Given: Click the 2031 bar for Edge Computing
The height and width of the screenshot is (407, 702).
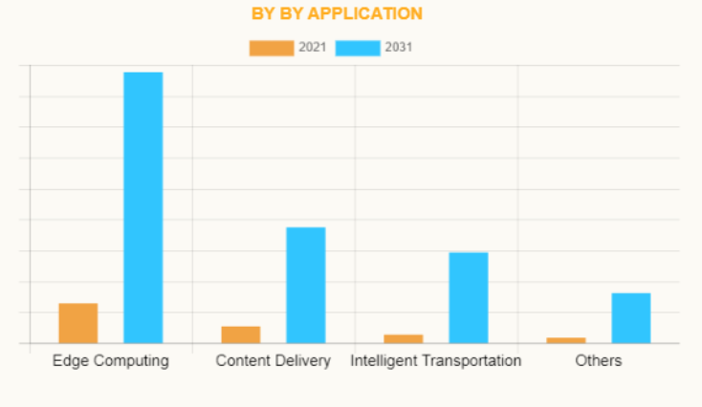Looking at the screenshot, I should click(143, 207).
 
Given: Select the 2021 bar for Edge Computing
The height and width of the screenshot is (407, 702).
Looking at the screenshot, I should click(78, 323).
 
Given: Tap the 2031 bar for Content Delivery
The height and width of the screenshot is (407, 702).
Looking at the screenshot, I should click(306, 285).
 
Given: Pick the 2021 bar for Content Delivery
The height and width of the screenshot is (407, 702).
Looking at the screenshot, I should click(241, 334).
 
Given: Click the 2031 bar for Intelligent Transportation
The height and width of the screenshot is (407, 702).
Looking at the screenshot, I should click(469, 297).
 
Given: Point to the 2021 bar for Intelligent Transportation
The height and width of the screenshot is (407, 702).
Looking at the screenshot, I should click(404, 338).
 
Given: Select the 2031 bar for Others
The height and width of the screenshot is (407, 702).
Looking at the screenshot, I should click(631, 317).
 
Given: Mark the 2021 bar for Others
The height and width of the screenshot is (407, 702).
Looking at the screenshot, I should click(566, 340).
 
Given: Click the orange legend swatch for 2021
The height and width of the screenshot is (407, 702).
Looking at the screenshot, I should click(272, 48).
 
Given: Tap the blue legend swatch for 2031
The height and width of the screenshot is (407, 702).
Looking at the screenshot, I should click(358, 48).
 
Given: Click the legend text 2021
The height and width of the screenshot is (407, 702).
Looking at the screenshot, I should click(313, 48).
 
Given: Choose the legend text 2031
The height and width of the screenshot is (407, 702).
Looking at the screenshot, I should click(399, 48).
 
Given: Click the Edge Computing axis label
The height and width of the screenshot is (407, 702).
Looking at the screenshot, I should click(111, 361).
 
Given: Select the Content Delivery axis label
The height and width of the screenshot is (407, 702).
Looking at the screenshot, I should click(274, 361).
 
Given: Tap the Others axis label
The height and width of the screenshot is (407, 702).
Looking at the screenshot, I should click(599, 361).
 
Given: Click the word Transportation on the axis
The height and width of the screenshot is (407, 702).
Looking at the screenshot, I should click(473, 361).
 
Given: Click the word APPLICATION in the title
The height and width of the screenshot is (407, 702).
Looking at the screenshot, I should click(365, 13).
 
